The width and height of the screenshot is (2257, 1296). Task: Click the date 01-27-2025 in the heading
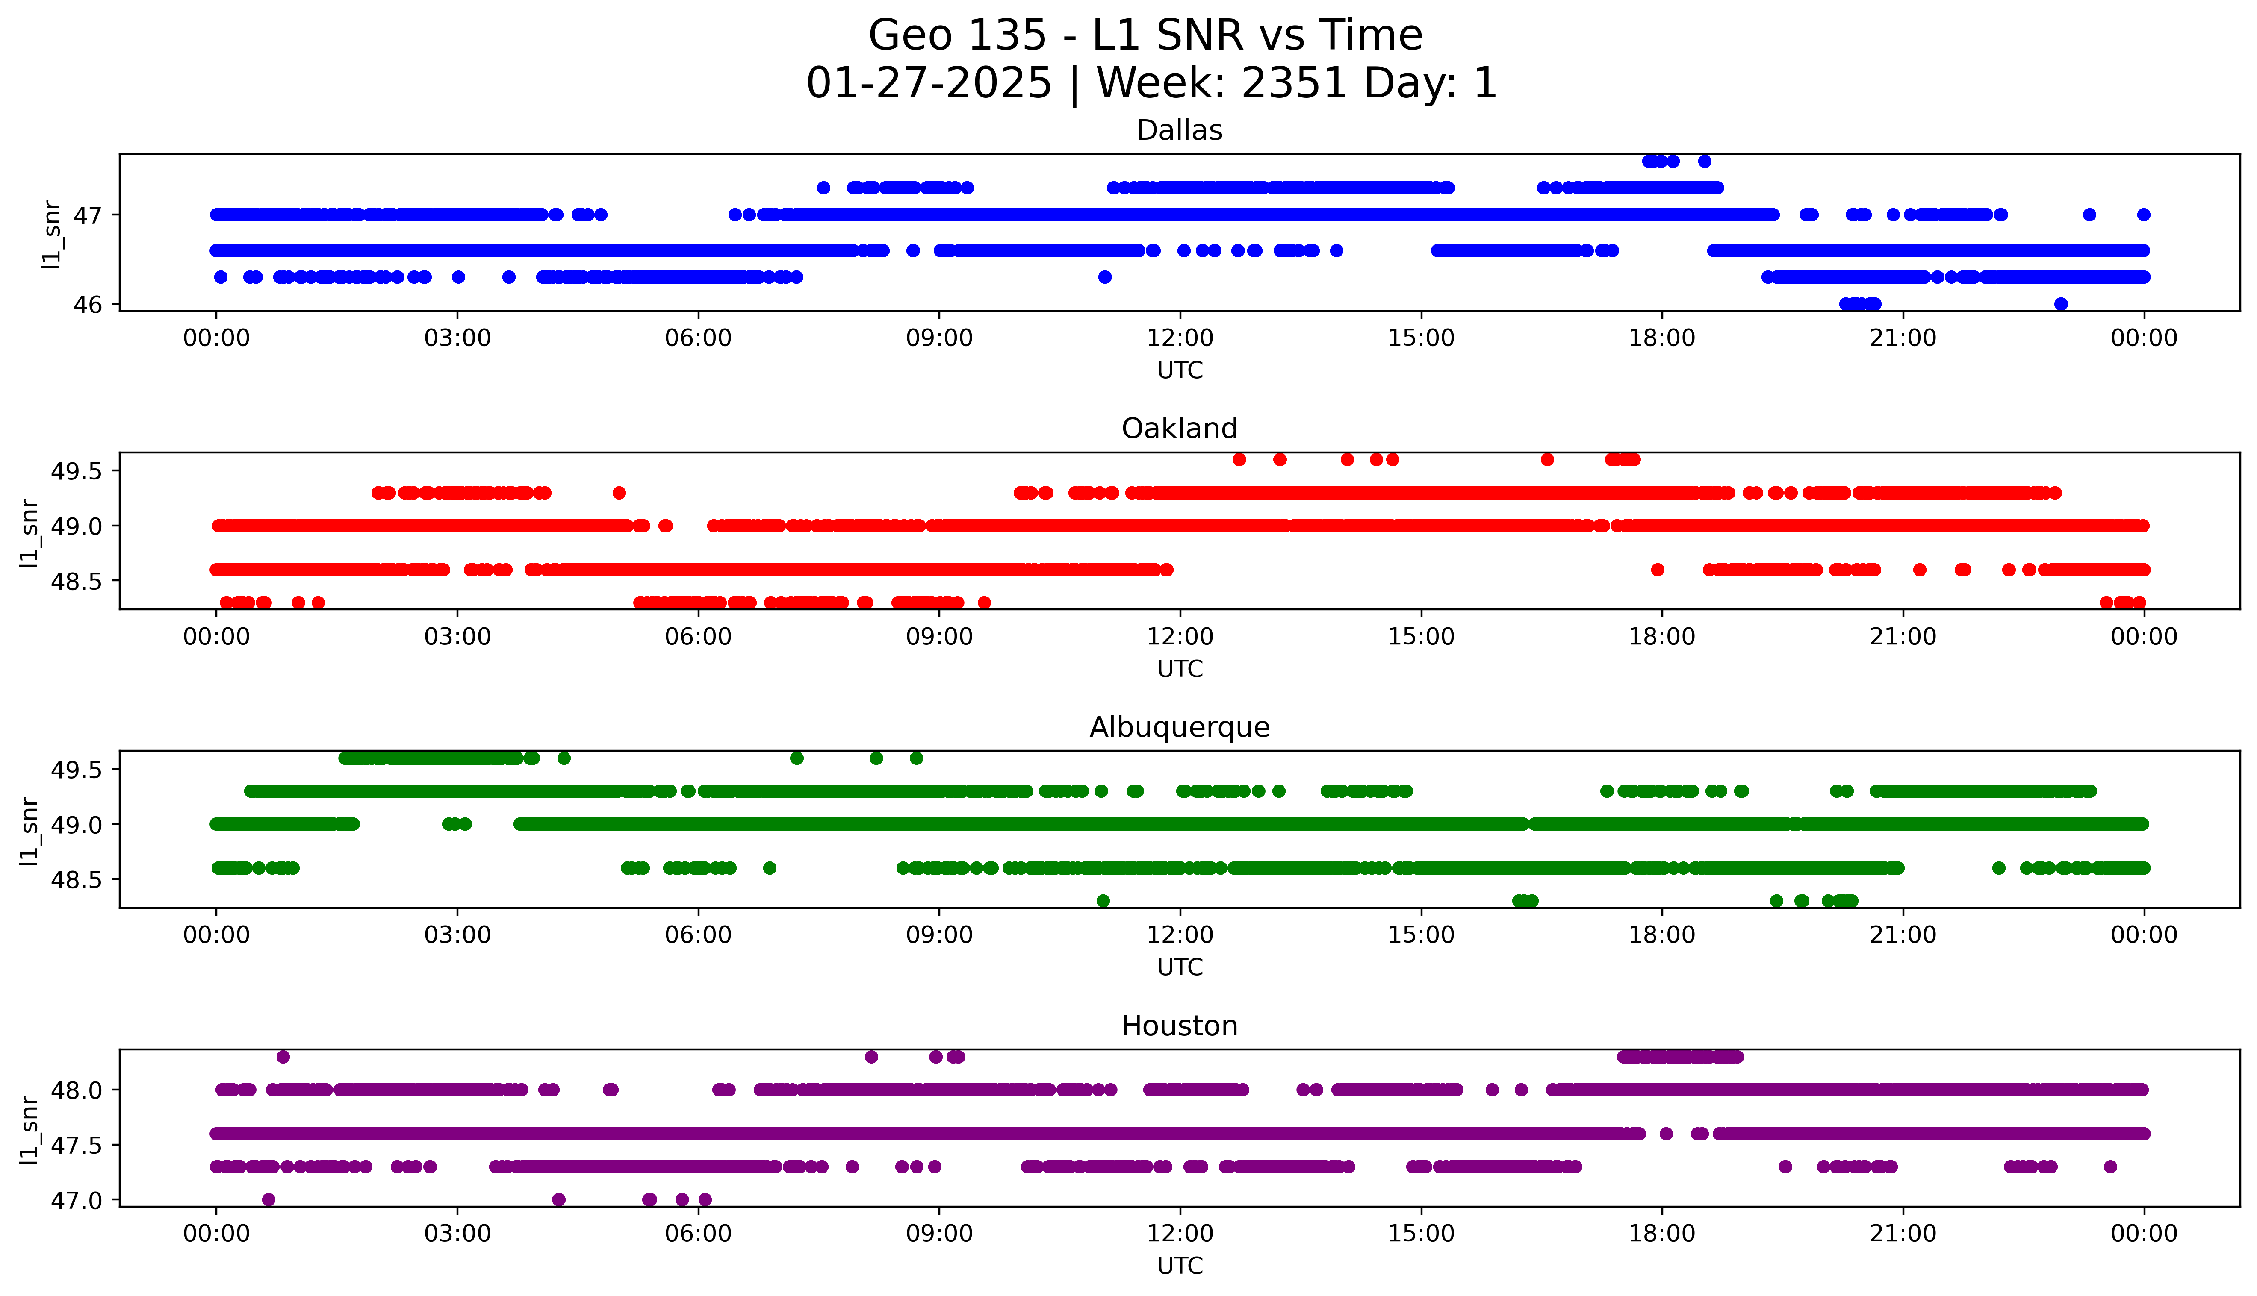tap(929, 84)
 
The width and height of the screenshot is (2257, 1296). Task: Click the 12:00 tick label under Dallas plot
tap(1180, 338)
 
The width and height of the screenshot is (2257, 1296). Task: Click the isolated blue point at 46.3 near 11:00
tap(1104, 277)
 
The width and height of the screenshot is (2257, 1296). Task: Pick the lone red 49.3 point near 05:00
tap(619, 492)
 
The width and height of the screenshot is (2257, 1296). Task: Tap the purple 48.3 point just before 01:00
tap(283, 1057)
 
